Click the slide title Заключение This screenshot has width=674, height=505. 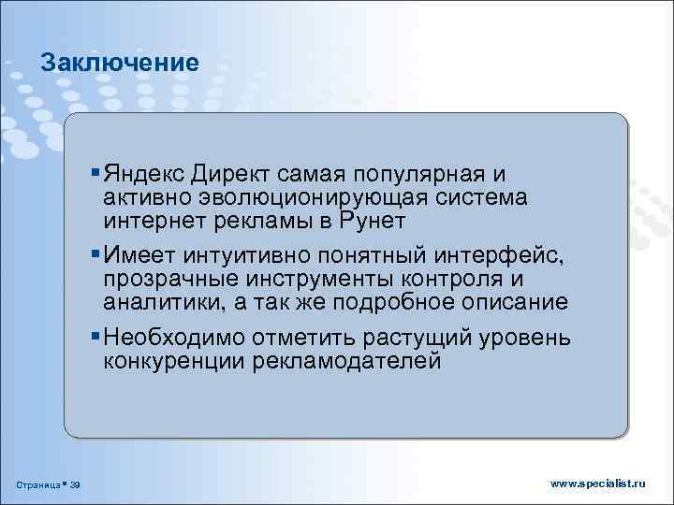click(x=120, y=63)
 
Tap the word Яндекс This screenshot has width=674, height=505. click(x=145, y=175)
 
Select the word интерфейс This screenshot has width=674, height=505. click(x=504, y=255)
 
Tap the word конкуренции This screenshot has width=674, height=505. click(x=173, y=360)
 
